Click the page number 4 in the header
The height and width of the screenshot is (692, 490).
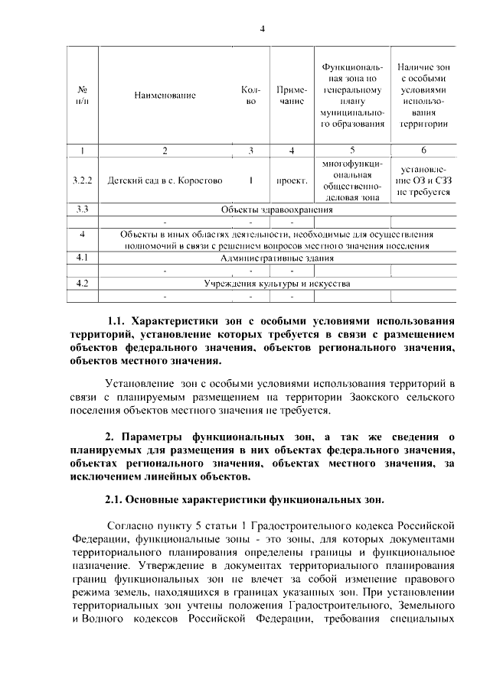point(262,29)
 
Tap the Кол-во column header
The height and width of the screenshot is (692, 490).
point(250,96)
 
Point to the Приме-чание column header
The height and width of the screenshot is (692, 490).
point(292,96)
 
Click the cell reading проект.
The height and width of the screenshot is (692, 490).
point(292,181)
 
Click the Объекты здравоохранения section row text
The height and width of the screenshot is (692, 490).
point(276,210)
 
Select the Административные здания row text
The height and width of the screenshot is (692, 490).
point(276,258)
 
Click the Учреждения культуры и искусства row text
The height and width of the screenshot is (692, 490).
point(276,284)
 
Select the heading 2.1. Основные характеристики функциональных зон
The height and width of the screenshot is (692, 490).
point(245,499)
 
